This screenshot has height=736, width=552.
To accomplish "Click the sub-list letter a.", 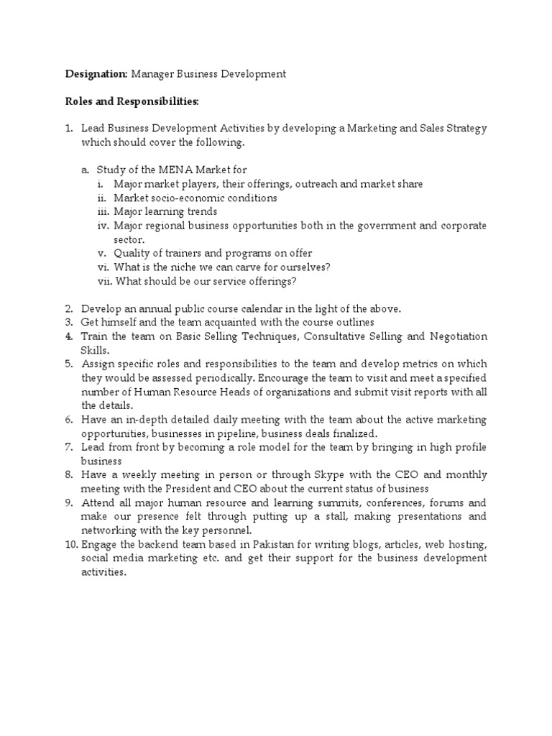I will (x=85, y=170).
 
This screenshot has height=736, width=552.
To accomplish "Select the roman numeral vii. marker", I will (x=103, y=281).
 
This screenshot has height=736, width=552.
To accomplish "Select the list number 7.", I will (x=70, y=447).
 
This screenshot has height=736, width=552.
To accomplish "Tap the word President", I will (x=188, y=489).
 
